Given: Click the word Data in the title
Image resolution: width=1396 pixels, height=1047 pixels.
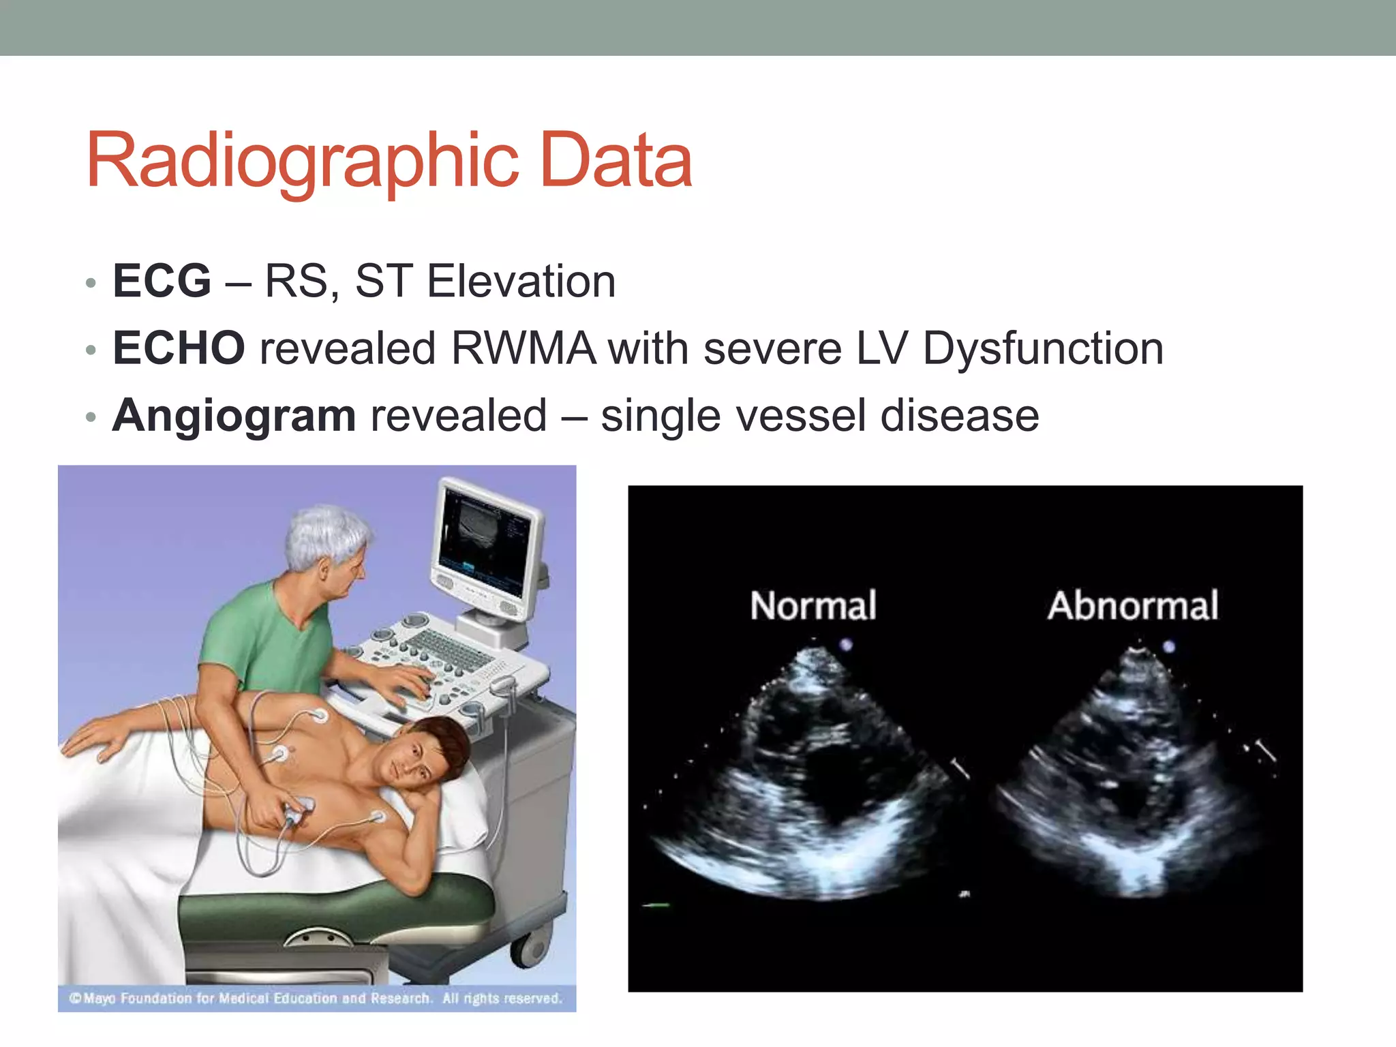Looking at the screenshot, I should (616, 161).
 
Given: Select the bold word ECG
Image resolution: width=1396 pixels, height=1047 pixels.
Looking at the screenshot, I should (162, 281).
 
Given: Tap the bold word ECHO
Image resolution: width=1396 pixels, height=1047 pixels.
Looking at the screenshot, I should (179, 348).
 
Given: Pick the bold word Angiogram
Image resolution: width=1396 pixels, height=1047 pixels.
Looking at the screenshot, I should (234, 416).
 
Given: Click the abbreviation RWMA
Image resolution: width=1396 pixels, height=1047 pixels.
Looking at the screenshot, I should (523, 348).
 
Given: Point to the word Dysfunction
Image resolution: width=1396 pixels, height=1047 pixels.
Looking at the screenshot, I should (1042, 348).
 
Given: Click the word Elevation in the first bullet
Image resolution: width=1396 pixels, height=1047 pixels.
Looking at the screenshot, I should (521, 281).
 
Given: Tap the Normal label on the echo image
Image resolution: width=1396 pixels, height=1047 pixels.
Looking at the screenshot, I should (813, 605).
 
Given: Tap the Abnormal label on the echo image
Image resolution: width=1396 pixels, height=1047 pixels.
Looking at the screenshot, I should (1133, 605).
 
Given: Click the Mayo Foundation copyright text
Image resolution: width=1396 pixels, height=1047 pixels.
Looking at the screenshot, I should (316, 999).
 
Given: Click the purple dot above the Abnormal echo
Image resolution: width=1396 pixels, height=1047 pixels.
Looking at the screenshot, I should (1168, 646).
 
